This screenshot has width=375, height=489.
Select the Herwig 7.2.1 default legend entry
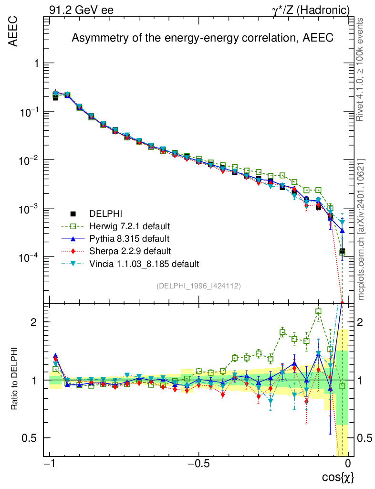pyautogui.click(x=129, y=226)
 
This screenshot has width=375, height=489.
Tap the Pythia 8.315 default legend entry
pyautogui.click(x=129, y=238)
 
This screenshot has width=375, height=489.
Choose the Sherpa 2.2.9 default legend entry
pyautogui.click(x=129, y=251)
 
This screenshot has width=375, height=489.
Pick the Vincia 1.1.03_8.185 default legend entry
pyautogui.click(x=143, y=263)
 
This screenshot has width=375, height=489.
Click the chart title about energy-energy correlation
pyautogui.click(x=202, y=38)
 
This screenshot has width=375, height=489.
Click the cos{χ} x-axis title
pyautogui.click(x=338, y=477)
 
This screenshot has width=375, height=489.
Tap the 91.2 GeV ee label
pyautogui.click(x=81, y=10)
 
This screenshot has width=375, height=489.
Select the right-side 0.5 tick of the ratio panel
pyautogui.click(x=365, y=438)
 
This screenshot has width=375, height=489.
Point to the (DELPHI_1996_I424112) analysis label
pyautogui.click(x=198, y=286)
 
